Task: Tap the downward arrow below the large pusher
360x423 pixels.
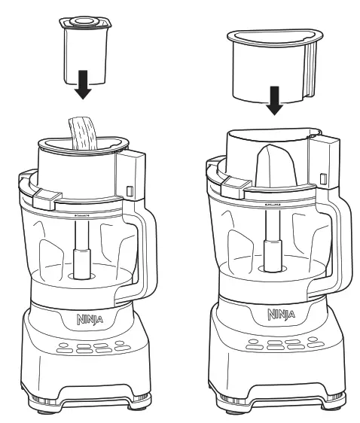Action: [x=275, y=102]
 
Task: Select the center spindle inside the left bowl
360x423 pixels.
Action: [x=78, y=256]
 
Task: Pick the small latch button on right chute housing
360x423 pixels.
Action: [x=323, y=178]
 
